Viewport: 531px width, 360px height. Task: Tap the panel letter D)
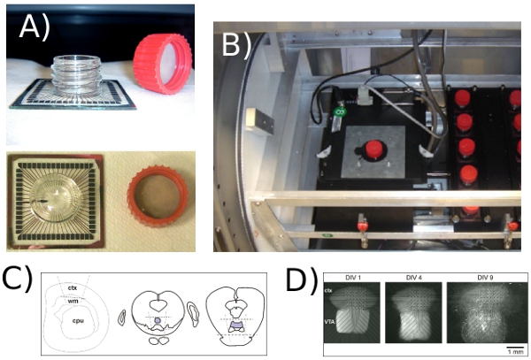coord(300,281)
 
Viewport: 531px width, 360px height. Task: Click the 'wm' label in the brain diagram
coord(73,303)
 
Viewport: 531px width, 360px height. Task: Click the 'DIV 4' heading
coord(404,278)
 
